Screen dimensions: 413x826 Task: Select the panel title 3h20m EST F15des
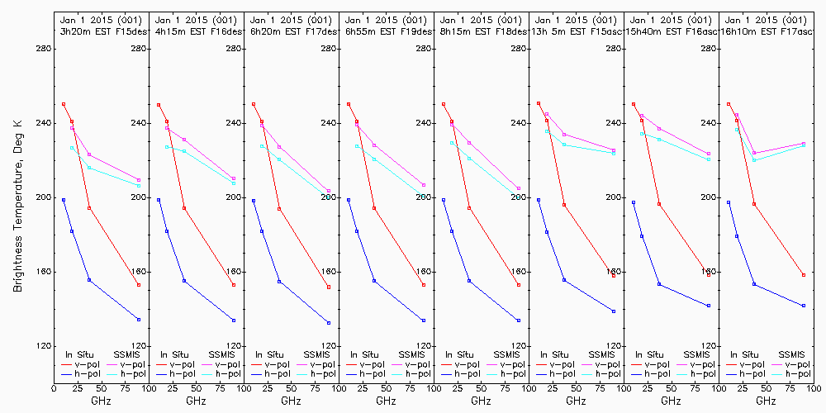[x=100, y=31]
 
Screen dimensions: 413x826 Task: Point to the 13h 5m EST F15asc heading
[x=575, y=31]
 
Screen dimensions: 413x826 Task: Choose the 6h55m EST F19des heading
[x=385, y=31]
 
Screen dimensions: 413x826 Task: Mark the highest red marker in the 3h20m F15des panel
[x=64, y=104]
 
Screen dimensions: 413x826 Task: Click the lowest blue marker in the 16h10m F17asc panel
[x=803, y=306]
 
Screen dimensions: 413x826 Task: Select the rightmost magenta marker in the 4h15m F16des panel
[x=234, y=178]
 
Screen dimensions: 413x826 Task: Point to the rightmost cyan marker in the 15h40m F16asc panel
[x=709, y=159]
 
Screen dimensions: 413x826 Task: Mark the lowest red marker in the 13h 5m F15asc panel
[x=614, y=276]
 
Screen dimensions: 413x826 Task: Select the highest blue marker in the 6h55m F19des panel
[x=349, y=200]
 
